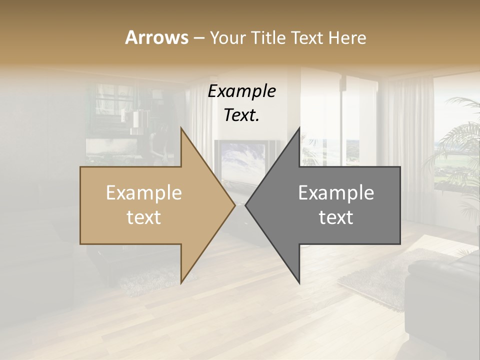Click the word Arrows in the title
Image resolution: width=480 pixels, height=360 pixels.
pos(156,37)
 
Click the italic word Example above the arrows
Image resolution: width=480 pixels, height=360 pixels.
pos(241,91)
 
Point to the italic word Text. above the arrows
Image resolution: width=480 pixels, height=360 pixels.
pos(241,115)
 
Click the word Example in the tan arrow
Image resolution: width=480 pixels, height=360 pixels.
pos(143,193)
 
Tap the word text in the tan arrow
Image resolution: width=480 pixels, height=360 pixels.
pos(143,217)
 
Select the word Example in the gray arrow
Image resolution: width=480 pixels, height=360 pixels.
pos(336,193)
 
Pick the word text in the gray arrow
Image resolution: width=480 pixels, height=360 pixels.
pos(336,217)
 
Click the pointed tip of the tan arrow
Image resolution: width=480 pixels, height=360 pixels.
pos(234,205)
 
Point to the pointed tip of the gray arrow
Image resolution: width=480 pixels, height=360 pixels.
pos(246,205)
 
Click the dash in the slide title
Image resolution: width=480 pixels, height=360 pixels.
pos(198,38)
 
